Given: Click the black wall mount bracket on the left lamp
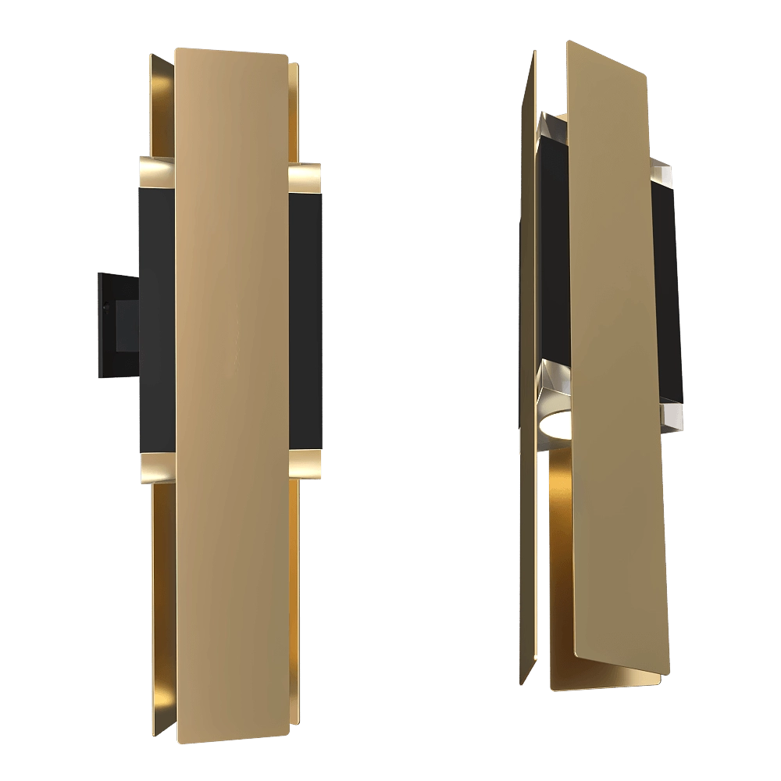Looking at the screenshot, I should pyautogui.click(x=116, y=323).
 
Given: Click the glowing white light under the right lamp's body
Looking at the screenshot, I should pyautogui.click(x=556, y=426).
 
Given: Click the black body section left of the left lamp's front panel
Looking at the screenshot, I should pyautogui.click(x=157, y=320).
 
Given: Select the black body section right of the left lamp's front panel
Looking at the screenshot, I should pyautogui.click(x=306, y=320).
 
